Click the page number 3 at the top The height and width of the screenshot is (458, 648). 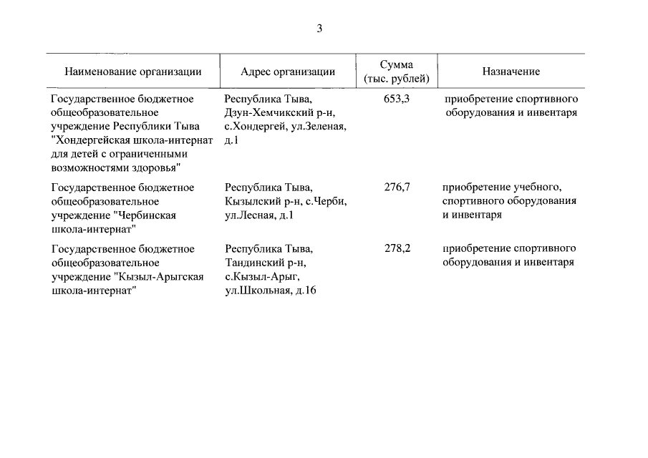coord(320,29)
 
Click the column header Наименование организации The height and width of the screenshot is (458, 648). coord(133,72)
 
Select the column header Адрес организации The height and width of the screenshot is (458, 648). coord(288,72)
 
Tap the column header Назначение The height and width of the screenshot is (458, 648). coord(511,72)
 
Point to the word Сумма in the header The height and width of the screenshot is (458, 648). coord(397,64)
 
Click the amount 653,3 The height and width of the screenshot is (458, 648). coord(397,99)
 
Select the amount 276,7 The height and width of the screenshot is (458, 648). coord(397,187)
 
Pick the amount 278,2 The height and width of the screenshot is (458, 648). coord(397,249)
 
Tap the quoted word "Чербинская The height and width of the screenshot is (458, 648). coord(145,215)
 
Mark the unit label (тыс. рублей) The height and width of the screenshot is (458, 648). coord(397,79)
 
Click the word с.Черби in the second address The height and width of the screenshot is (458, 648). coord(330,201)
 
